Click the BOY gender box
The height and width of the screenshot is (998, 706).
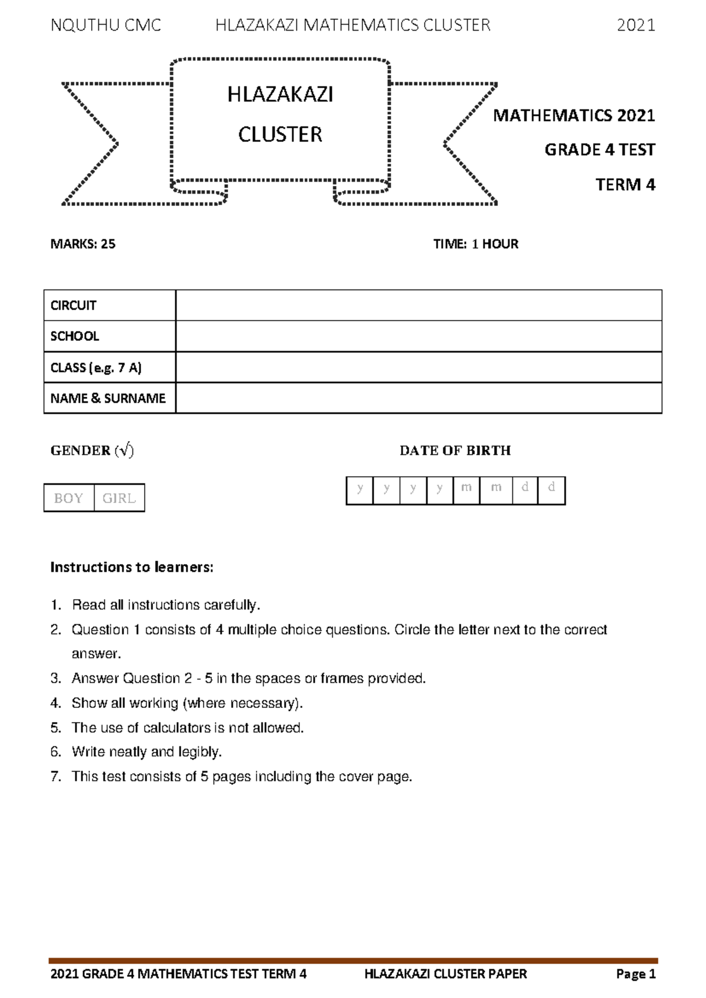point(69,498)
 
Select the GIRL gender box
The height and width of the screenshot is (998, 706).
point(119,498)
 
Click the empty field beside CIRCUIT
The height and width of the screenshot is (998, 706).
point(418,305)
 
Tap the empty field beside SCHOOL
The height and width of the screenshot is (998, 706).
point(418,336)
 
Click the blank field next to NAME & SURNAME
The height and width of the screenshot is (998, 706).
point(418,398)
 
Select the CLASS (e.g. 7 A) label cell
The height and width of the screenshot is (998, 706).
point(109,368)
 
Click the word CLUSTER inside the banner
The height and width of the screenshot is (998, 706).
point(280,135)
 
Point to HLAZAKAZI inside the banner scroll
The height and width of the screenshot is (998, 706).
point(280,95)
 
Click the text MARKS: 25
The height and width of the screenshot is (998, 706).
point(83,244)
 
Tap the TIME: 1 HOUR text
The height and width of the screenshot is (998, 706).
point(475,244)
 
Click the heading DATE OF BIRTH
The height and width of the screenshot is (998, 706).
point(455,451)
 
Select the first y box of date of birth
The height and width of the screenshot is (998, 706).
point(360,490)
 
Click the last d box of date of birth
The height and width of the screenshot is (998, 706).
point(551,490)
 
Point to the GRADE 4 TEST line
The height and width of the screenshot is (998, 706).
point(599,150)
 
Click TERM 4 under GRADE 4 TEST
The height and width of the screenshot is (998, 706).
point(625,185)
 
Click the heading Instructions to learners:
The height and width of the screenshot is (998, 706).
point(132,567)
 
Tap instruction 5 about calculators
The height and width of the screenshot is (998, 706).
point(187,728)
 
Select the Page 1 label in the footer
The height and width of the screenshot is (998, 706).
point(635,974)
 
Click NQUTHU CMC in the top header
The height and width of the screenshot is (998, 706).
point(106,25)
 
